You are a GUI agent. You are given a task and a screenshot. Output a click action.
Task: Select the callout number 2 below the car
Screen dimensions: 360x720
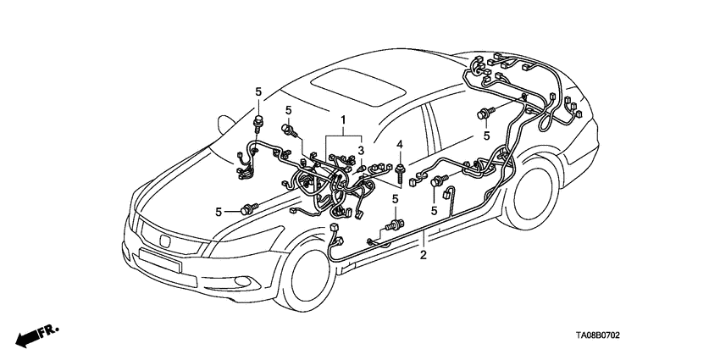pos(424,254)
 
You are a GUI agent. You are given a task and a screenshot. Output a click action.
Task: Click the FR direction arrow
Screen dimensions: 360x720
pos(38,333)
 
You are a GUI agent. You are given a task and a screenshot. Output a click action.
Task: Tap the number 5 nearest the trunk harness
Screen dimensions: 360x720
pos(487,135)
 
